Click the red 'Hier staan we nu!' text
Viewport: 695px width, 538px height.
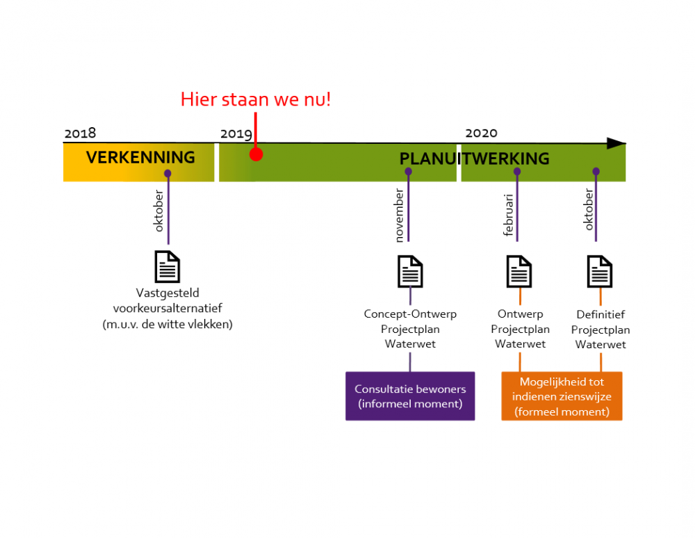pyautogui.click(x=256, y=99)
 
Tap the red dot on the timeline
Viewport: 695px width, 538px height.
pyautogui.click(x=256, y=154)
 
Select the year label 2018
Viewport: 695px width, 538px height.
pyautogui.click(x=80, y=133)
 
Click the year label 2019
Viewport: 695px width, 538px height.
pyautogui.click(x=236, y=134)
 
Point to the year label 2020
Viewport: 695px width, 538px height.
pyautogui.click(x=482, y=133)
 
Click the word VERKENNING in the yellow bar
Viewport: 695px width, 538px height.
pyautogui.click(x=140, y=157)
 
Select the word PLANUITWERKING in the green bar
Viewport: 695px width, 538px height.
pyautogui.click(x=474, y=158)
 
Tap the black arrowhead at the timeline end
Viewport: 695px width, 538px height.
pyautogui.click(x=616, y=143)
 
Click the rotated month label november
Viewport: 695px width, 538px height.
pyautogui.click(x=400, y=215)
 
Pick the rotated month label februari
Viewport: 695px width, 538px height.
pyautogui.click(x=508, y=215)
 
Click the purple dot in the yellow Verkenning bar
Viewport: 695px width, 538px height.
pyautogui.click(x=167, y=173)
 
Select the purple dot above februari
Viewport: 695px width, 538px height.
pyautogui.click(x=517, y=171)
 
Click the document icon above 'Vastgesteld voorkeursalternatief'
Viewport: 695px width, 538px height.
pyautogui.click(x=167, y=267)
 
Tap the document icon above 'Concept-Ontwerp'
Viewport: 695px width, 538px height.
pyautogui.click(x=410, y=271)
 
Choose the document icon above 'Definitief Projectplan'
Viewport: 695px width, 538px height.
pyautogui.click(x=600, y=271)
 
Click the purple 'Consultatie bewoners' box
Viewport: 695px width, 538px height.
pyautogui.click(x=410, y=396)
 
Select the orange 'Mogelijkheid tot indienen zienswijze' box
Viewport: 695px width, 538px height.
pyautogui.click(x=562, y=396)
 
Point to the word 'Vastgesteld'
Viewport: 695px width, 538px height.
pyautogui.click(x=167, y=293)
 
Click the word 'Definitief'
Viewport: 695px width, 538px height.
pyautogui.click(x=600, y=315)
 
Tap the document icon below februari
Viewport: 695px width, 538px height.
pyautogui.click(x=519, y=271)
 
